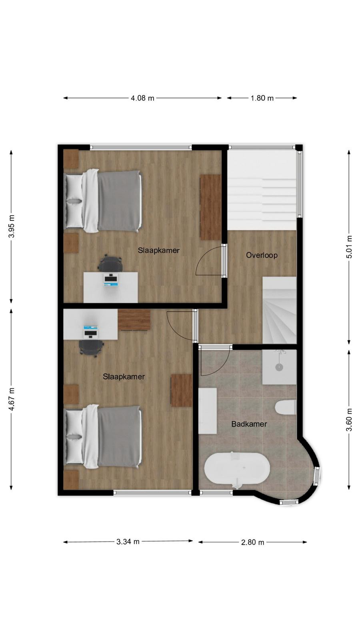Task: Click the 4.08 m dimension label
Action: tap(142, 98)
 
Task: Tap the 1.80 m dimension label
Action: tap(262, 98)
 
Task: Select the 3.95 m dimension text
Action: tap(12, 226)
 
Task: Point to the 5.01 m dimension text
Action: tap(349, 247)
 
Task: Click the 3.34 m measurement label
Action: tap(128, 542)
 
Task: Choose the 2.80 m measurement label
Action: tap(252, 542)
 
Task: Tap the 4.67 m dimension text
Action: tap(12, 399)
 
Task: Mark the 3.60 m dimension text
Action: tap(349, 420)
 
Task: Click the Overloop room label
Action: tap(262, 255)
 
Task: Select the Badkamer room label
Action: tap(249, 424)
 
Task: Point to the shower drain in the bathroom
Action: tap(279, 367)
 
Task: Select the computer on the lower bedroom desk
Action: tap(90, 332)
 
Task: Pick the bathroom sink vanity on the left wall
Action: tap(208, 411)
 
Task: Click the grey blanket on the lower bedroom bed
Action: tap(120, 436)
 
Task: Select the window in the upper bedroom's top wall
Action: tap(141, 148)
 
